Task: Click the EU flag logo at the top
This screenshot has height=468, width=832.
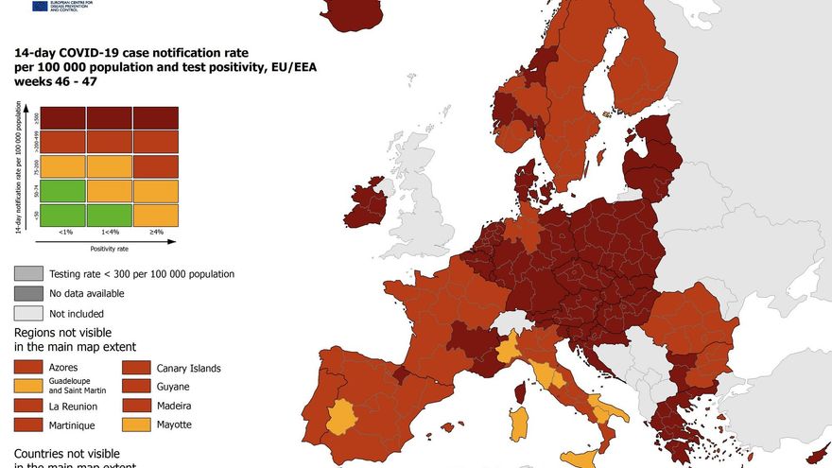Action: (x=40, y=6)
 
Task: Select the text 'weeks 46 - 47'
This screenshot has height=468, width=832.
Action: (x=55, y=82)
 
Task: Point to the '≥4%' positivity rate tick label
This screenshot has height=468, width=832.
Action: (x=155, y=232)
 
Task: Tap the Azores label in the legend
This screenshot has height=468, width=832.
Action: (x=63, y=367)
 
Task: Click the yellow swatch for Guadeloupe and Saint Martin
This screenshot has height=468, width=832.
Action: (x=28, y=386)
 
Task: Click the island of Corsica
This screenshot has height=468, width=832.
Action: (x=519, y=391)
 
